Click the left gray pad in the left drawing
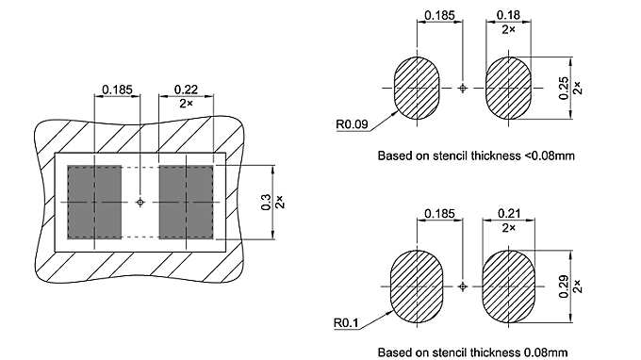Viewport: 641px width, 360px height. (x=94, y=202)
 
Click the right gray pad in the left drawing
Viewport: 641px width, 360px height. (x=186, y=202)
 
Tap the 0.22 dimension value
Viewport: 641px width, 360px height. (x=186, y=90)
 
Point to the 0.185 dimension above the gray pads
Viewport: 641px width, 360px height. (x=118, y=90)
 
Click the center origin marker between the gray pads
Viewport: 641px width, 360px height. (x=140, y=202)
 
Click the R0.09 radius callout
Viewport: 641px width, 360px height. (x=352, y=123)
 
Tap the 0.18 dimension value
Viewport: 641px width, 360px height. (x=508, y=15)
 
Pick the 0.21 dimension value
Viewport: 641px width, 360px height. (x=508, y=216)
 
